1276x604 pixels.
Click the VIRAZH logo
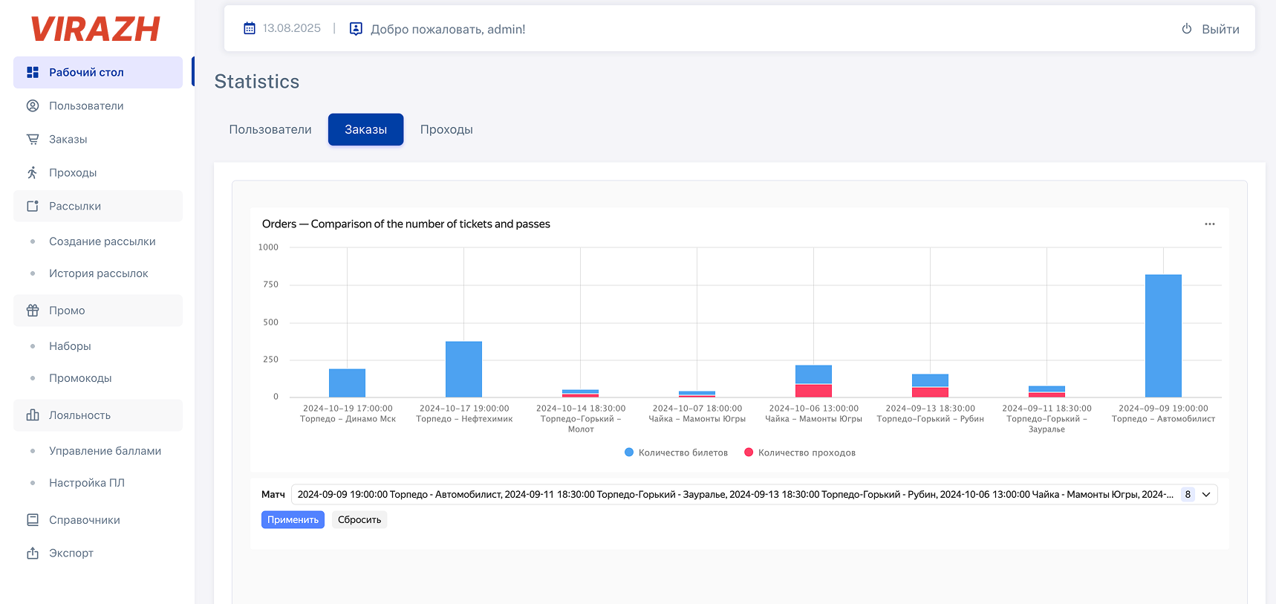click(95, 30)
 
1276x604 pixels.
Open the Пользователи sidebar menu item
click(86, 105)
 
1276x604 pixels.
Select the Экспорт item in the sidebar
click(71, 553)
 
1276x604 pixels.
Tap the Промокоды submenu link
click(80, 378)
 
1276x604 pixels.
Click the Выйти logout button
click(1211, 29)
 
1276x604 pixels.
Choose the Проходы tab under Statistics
click(446, 129)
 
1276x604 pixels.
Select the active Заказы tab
click(365, 129)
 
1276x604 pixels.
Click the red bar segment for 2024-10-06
click(813, 391)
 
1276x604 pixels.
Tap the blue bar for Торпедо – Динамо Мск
click(347, 383)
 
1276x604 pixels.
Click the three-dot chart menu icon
click(1210, 224)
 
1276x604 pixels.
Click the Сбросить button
click(359, 520)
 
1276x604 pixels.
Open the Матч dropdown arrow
click(1206, 495)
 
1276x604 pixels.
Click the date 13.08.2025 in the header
click(291, 28)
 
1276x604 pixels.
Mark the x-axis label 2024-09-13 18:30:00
click(930, 409)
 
